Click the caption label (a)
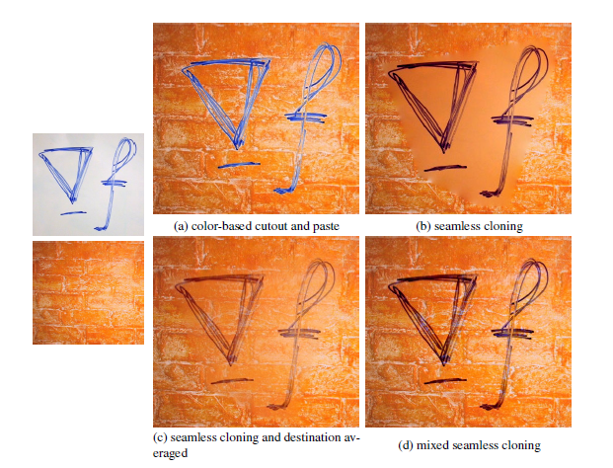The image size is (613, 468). point(182,226)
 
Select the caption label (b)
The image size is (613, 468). point(423,226)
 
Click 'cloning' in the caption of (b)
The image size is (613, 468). point(503,227)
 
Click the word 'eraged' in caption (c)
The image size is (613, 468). point(170,454)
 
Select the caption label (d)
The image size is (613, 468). point(406,445)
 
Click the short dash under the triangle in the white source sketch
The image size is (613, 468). point(73,213)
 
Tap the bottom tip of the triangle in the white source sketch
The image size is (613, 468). point(72,203)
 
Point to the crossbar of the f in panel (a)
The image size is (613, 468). point(305,117)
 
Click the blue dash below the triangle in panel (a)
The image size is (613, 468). point(239,165)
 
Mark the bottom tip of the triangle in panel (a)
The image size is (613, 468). point(237,149)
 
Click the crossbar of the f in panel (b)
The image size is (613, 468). point(512,119)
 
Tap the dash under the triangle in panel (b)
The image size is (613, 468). point(445,168)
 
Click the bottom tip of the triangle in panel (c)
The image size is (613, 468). point(231,365)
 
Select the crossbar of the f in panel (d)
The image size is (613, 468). point(512,334)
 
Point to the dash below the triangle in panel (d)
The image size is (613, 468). point(445,381)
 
